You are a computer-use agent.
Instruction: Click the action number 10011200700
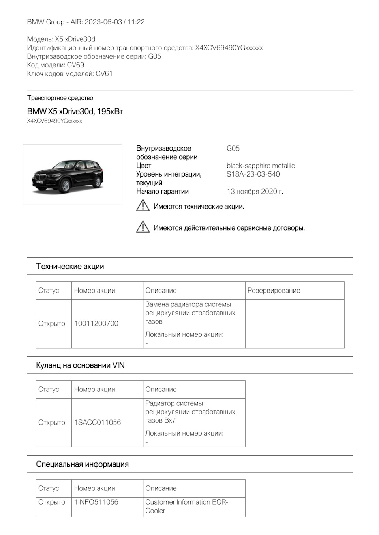[x=96, y=324]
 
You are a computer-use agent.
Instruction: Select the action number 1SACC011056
[x=98, y=423]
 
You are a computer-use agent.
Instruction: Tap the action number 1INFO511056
[x=96, y=502]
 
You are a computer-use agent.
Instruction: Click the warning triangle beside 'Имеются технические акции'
[x=143, y=206]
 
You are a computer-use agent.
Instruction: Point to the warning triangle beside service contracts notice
[x=143, y=227]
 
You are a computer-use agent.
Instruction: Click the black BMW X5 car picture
[x=72, y=175]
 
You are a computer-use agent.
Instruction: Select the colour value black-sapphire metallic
[x=261, y=166]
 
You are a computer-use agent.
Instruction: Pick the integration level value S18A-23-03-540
[x=253, y=174]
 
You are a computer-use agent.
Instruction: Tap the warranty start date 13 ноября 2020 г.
[x=255, y=192]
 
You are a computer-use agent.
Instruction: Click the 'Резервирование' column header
[x=274, y=291]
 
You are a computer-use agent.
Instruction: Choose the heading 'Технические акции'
[x=70, y=267]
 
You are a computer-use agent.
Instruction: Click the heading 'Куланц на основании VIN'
[x=80, y=365]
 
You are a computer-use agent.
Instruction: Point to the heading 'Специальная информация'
[x=82, y=464]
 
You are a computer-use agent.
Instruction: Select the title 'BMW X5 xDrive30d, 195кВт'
[x=75, y=112]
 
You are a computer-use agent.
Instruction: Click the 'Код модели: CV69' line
[x=56, y=65]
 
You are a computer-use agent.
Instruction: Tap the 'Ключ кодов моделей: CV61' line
[x=70, y=74]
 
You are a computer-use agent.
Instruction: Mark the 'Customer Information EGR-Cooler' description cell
[x=186, y=506]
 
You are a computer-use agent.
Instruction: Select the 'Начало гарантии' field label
[x=162, y=192]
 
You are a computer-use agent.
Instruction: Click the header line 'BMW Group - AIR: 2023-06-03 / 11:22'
[x=86, y=22]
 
